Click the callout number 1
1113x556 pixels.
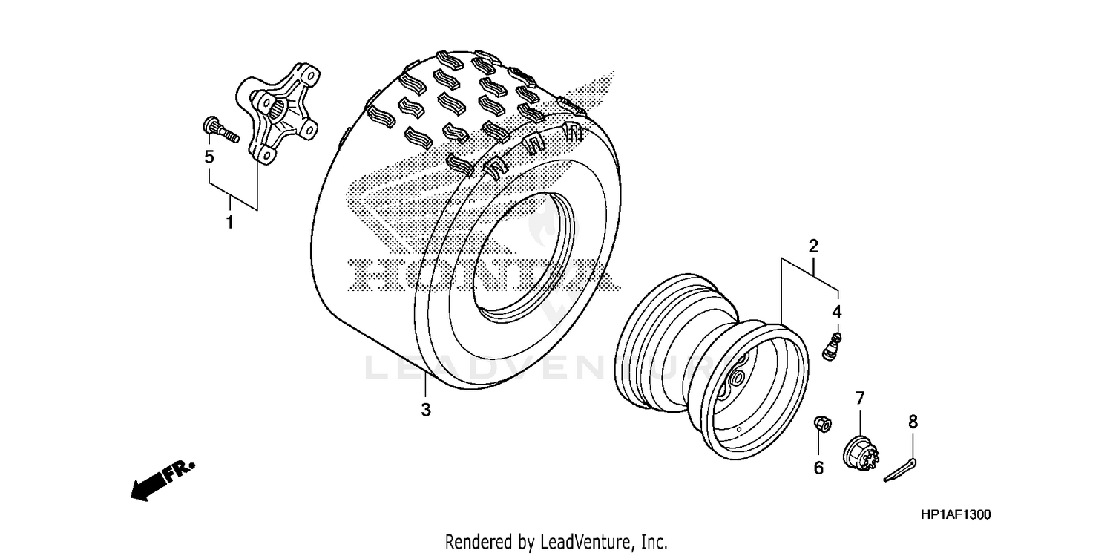click(x=229, y=222)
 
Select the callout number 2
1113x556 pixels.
click(x=813, y=246)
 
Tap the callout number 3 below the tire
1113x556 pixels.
click(x=425, y=409)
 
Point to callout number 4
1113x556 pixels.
click(x=836, y=313)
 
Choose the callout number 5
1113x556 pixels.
click(x=209, y=157)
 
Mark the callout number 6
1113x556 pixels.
click(x=818, y=468)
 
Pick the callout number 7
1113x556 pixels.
click(x=860, y=399)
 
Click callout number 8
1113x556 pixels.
click(x=913, y=422)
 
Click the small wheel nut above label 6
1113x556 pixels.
click(x=821, y=424)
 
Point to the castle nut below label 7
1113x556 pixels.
click(x=861, y=451)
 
